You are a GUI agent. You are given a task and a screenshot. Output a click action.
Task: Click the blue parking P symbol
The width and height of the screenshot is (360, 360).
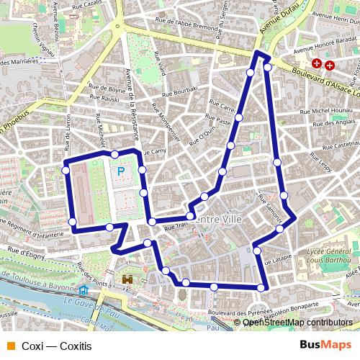(x=121, y=171)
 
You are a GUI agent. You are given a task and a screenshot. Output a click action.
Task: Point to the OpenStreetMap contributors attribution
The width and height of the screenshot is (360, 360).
(x=297, y=323)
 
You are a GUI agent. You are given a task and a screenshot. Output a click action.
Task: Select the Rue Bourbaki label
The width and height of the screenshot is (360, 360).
(x=179, y=92)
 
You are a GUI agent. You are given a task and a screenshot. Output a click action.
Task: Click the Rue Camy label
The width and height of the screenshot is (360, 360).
(x=155, y=152)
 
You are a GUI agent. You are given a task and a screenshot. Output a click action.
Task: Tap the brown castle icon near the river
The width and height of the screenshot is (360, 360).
(x=128, y=279)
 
